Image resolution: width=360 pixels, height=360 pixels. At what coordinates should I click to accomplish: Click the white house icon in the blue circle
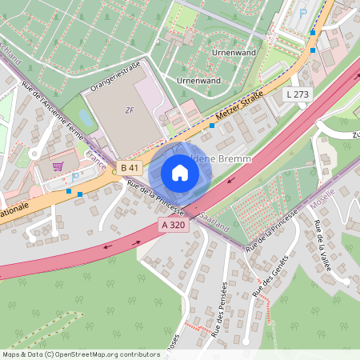pos(180,172)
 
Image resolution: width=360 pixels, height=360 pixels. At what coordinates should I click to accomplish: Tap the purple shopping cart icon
pos(57,166)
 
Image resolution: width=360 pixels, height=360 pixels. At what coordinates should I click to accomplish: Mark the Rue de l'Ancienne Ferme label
pos(53,110)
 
